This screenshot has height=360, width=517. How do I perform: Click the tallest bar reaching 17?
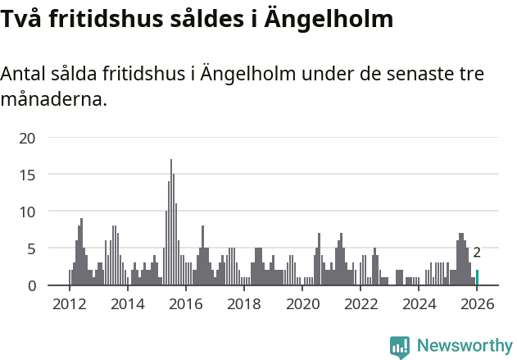171,223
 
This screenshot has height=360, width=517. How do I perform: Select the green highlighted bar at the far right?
477,277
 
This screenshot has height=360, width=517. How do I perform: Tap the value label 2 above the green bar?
477,253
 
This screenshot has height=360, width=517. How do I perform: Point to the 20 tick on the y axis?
27,138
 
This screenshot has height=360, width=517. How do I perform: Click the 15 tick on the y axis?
27,175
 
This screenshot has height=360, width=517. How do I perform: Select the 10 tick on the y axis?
27,212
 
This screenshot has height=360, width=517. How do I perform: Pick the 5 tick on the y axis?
31,248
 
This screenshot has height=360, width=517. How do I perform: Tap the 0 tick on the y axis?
31,285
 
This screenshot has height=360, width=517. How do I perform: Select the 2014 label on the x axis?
127,304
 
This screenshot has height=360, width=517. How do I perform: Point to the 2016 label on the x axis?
185,304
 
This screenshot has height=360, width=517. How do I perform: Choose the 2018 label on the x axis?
244,304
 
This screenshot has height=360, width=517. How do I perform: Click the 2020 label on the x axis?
302,304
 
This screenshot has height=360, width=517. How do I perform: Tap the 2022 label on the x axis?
361,304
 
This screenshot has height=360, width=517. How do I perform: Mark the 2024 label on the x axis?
419,304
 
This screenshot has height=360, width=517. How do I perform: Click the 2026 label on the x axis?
477,304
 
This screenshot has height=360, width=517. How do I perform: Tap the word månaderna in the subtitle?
52,101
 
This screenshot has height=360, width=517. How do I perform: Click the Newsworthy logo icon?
399,347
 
